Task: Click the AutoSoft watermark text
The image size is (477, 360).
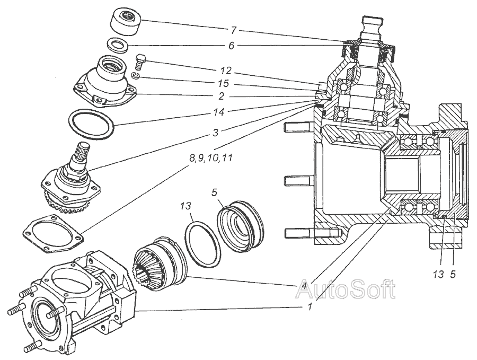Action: [345, 289]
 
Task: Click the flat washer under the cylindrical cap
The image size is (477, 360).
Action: [119, 46]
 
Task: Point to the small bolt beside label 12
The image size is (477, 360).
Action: [140, 62]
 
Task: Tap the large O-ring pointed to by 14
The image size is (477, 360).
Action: [91, 125]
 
